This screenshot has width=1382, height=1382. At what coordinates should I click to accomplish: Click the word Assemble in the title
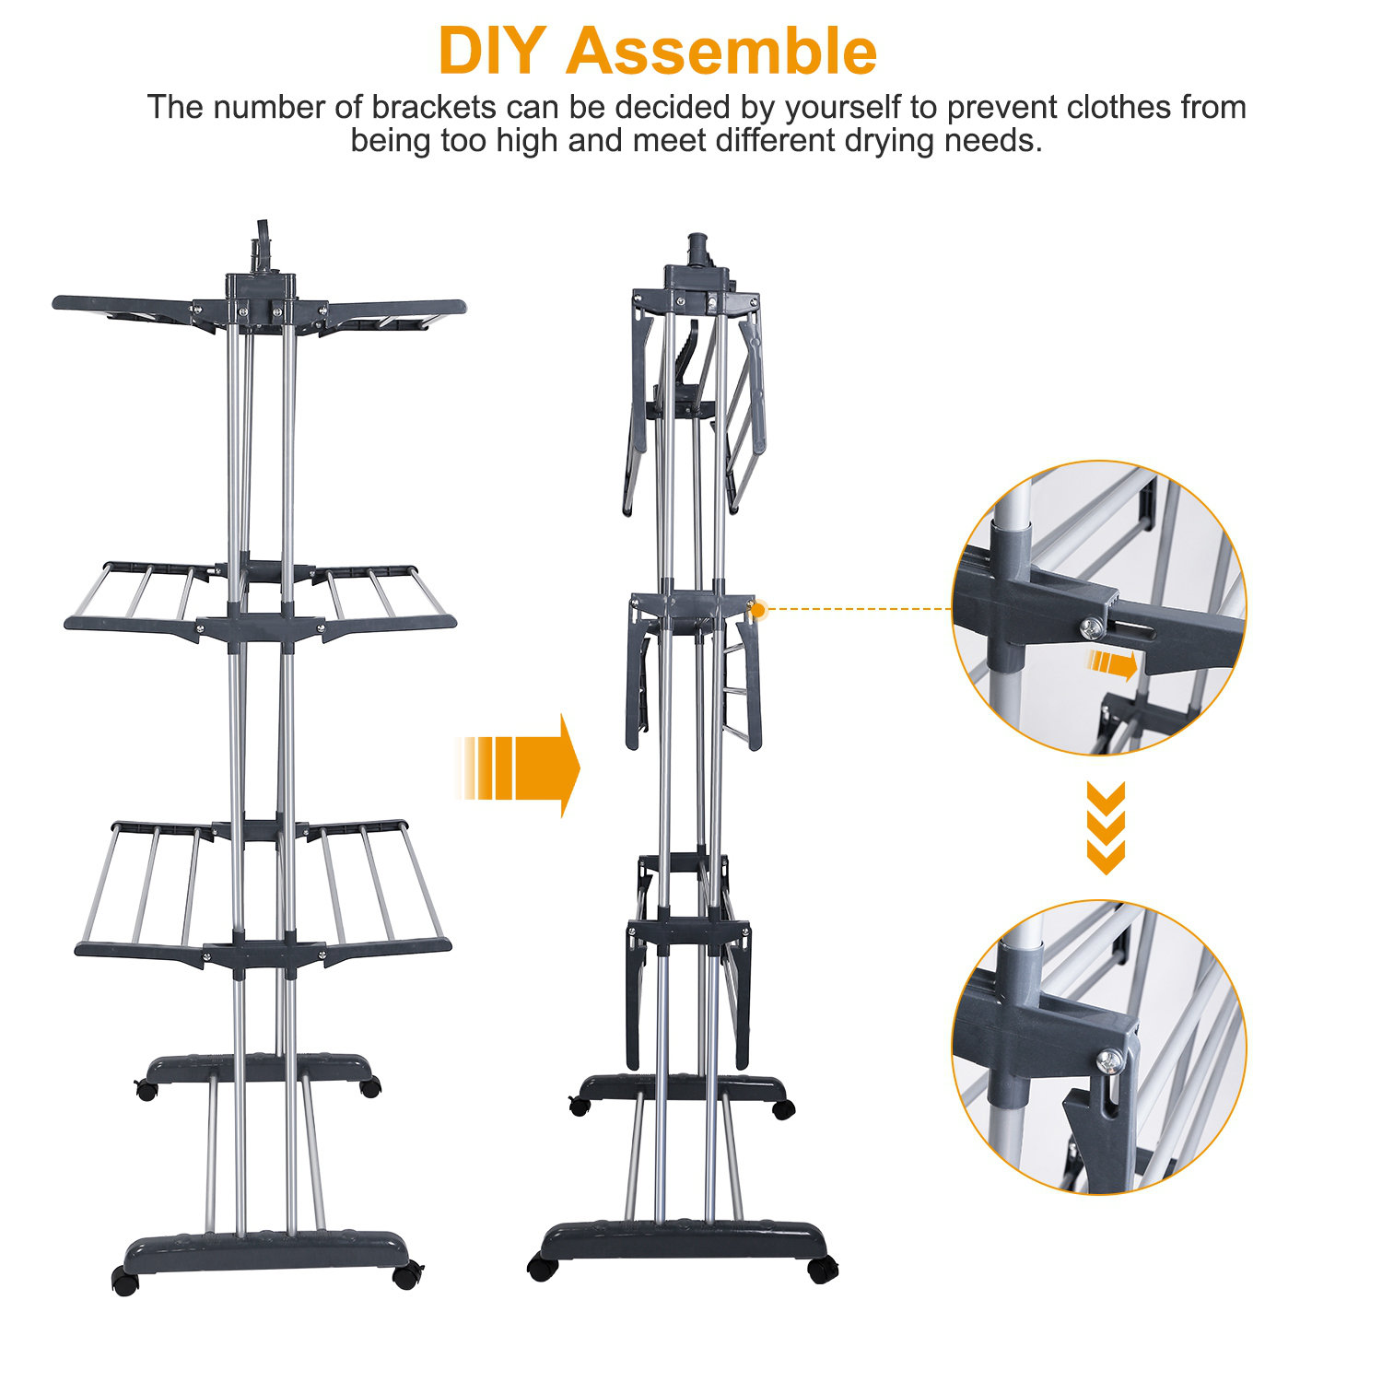[720, 52]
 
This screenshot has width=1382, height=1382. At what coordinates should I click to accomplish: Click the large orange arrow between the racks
[521, 767]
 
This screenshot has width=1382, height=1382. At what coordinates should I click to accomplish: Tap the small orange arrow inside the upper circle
[1111, 662]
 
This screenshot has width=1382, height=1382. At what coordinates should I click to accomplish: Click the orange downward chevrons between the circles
[1106, 827]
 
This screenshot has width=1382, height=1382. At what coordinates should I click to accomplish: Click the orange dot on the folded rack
[758, 609]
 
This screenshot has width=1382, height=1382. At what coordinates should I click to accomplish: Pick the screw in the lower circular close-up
[1112, 1061]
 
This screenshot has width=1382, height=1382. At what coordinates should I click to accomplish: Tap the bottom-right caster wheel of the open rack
[407, 1277]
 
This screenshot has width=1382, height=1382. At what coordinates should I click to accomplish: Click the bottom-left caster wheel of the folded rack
[543, 1269]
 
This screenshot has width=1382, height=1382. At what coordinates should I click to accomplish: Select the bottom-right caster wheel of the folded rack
[822, 1270]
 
